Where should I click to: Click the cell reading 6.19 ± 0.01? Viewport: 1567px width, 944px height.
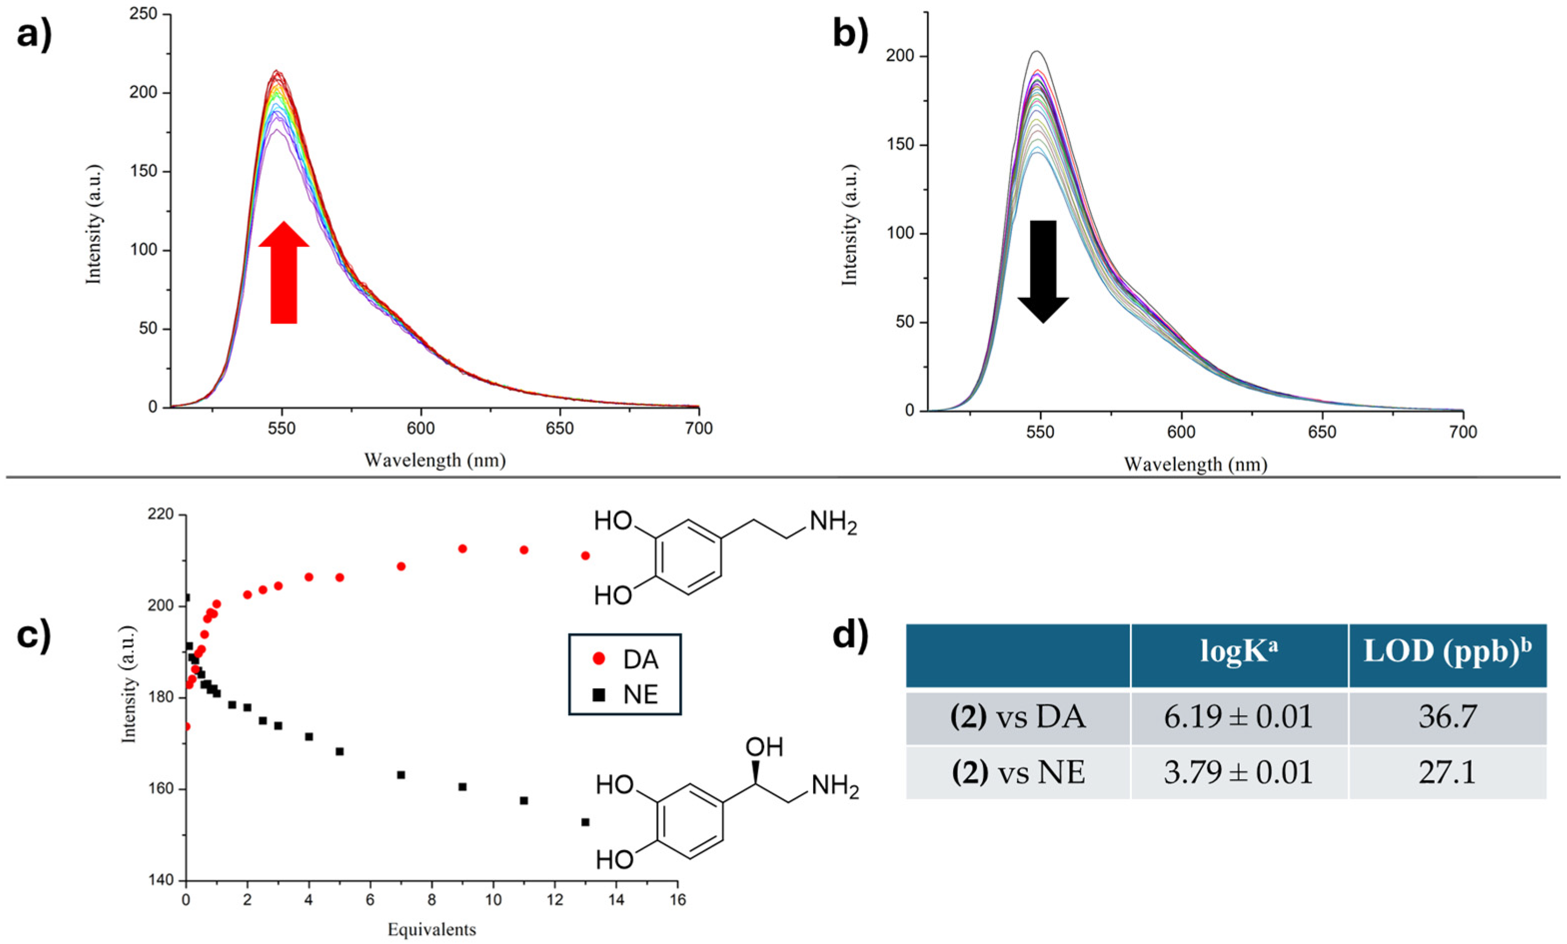coord(1238,718)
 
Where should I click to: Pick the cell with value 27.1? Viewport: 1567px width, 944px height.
coord(1447,772)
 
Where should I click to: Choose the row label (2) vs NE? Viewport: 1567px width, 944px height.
coord(1018,772)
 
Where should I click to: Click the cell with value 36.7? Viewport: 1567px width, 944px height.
coord(1447,718)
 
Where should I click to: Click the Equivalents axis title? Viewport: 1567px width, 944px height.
coord(431,930)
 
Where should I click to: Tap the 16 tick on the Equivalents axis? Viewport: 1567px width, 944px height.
coord(677,901)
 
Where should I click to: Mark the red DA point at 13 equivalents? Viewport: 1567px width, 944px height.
coord(585,555)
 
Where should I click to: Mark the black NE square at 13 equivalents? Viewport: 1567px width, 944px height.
coord(585,822)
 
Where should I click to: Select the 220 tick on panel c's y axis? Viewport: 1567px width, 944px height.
coord(162,514)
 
